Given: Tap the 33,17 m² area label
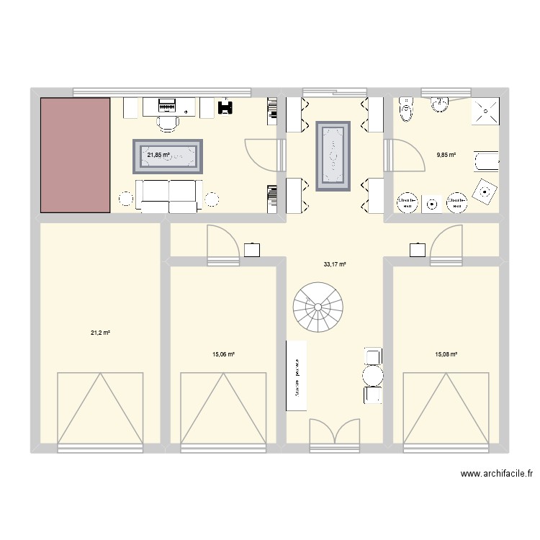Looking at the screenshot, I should click(335, 265).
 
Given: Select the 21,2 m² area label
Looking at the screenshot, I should click(100, 333).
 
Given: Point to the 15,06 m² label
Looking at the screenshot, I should click(224, 354).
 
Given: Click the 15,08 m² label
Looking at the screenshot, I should click(446, 354).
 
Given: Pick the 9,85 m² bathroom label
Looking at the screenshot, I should click(446, 154).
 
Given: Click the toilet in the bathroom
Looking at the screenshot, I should click(408, 109).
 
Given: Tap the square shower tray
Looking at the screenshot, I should click(486, 111).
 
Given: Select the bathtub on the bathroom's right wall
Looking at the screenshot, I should click(487, 161).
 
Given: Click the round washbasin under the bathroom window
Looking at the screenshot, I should click(438, 106).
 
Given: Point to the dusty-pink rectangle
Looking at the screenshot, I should click(75, 155).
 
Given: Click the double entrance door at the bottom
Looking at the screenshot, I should click(335, 436).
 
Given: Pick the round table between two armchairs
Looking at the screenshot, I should click(373, 375).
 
